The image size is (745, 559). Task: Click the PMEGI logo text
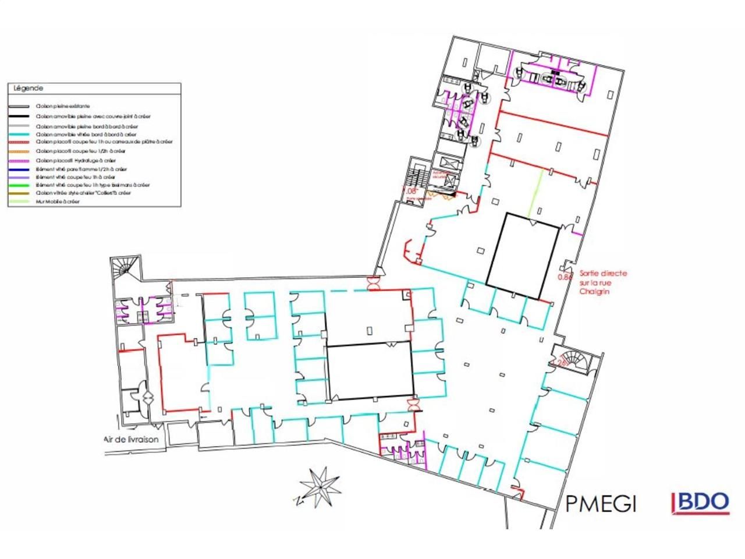click(601, 503)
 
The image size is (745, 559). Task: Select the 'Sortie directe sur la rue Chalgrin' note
click(603, 282)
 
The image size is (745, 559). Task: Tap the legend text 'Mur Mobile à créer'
click(58, 201)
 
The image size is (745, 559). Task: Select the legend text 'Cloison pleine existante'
click(62, 107)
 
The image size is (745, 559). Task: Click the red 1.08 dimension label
click(411, 190)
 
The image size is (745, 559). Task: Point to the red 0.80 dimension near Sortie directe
click(565, 277)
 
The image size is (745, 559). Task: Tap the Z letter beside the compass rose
click(296, 500)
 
